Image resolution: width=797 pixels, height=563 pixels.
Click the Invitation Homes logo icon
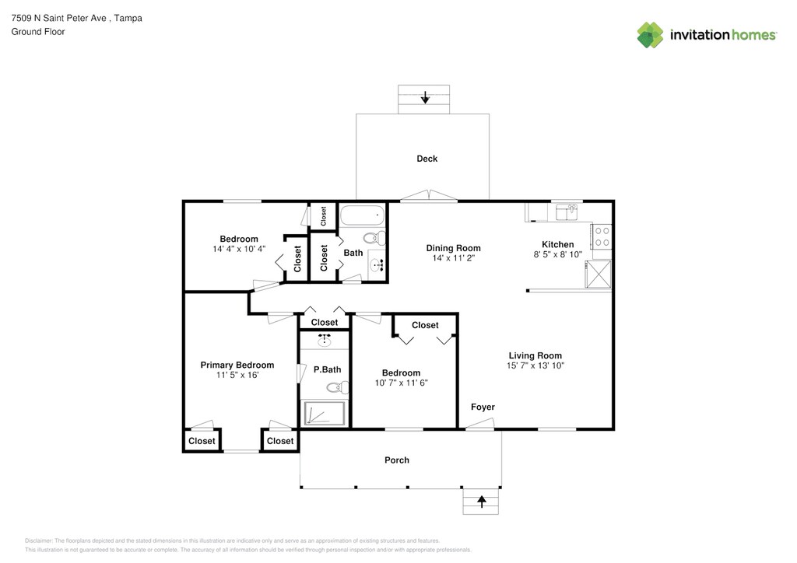click(650, 35)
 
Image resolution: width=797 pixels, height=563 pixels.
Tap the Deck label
click(427, 159)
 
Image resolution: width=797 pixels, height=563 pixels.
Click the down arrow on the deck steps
click(425, 97)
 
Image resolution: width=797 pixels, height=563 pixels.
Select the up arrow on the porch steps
click(481, 502)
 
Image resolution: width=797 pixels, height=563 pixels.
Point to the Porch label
click(396, 460)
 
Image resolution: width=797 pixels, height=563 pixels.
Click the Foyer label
click(483, 407)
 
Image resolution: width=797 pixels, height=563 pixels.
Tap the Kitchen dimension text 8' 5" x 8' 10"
click(557, 254)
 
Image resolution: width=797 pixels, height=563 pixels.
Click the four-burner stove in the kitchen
click(602, 236)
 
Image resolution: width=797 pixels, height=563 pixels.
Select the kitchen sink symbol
click(567, 212)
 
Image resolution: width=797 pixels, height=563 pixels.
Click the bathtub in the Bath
click(363, 215)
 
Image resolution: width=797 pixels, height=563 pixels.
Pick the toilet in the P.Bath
click(337, 388)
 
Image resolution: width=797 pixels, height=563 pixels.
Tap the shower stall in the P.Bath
click(325, 413)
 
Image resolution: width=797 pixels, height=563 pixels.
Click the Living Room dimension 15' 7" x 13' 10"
click(535, 365)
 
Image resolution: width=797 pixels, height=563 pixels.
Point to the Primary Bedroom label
click(237, 365)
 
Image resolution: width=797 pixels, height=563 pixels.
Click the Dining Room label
click(454, 248)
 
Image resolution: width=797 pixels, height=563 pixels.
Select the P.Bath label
click(328, 369)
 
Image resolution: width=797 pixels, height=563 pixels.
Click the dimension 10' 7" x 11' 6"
click(402, 383)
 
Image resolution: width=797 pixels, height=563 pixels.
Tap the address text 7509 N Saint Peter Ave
click(59, 19)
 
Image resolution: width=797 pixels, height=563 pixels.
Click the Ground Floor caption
click(38, 31)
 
